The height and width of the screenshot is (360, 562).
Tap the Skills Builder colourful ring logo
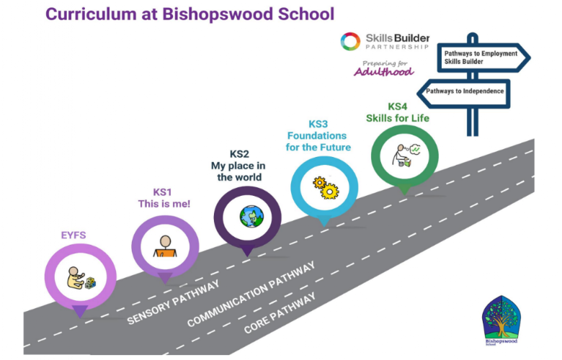[x=350, y=41]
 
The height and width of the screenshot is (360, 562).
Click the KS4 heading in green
[x=398, y=107]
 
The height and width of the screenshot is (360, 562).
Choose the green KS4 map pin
[x=405, y=154]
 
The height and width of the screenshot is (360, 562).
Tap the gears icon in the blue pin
[x=325, y=186]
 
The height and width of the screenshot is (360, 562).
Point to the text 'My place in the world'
[x=238, y=166]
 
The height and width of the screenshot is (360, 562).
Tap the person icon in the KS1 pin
[x=166, y=247]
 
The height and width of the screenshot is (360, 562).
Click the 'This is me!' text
[x=164, y=204]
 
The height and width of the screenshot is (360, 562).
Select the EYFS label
[x=73, y=235]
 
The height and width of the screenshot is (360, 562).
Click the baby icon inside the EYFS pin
[x=79, y=278]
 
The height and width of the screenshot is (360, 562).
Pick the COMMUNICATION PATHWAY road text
[x=251, y=294]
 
